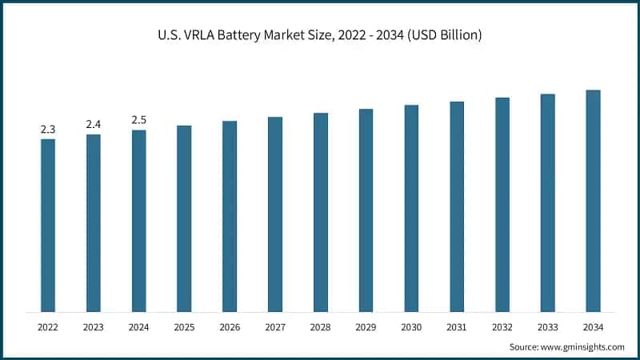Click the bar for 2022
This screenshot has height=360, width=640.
(x=48, y=225)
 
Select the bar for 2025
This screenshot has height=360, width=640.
(x=184, y=218)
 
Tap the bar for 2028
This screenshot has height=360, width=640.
(x=321, y=212)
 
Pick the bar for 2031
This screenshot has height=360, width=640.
(x=457, y=206)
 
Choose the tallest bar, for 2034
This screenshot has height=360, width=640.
(x=593, y=201)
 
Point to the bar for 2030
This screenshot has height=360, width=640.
(x=411, y=208)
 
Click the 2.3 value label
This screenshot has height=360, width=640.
(x=48, y=129)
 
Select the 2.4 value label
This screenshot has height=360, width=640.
(x=94, y=124)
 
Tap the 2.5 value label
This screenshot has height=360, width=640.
(x=138, y=120)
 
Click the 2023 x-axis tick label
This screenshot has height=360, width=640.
(x=94, y=326)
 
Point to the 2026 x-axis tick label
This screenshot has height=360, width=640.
(x=230, y=326)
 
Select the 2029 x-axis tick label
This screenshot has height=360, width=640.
(x=366, y=326)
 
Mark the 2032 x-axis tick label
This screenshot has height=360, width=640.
(x=502, y=326)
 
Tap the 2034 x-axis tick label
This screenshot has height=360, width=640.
(x=593, y=326)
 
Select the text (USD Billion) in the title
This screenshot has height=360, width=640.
(x=444, y=35)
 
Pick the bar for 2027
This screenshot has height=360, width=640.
(x=275, y=214)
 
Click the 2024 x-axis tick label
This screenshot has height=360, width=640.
(x=138, y=326)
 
